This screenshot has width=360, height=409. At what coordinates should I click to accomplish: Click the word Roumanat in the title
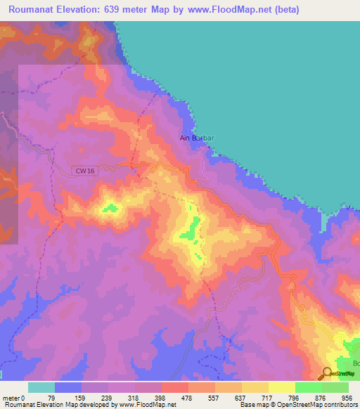coord(35,10)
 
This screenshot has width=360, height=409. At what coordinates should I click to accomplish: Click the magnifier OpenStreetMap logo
coord(328,374)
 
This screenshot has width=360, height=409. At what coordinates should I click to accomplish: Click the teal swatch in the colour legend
coord(41,387)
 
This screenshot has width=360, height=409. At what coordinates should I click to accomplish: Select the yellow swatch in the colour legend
coord(281,387)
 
